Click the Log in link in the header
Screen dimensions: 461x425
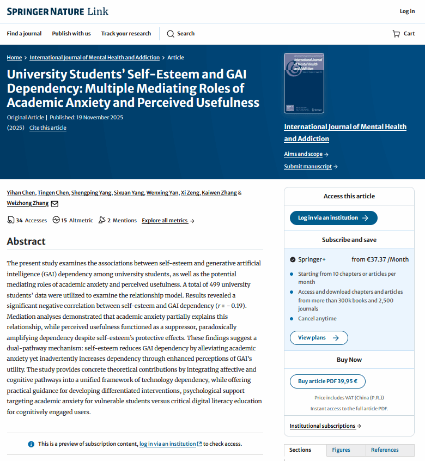pos(407,11)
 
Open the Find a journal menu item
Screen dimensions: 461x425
pos(24,34)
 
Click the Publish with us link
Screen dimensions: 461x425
pos(71,34)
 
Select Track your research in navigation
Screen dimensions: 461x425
pos(126,34)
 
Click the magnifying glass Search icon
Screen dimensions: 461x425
pos(171,34)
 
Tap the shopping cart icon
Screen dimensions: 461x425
pos(396,34)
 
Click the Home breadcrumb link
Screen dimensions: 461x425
pos(14,57)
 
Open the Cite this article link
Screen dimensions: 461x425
pos(48,128)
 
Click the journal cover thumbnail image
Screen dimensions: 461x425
pos(304,83)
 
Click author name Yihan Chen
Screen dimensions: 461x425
pos(21,193)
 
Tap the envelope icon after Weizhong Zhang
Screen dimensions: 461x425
pos(54,204)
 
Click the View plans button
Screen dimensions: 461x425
pos(319,338)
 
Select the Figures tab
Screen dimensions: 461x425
pos(341,450)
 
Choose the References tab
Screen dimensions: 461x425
pos(385,450)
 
